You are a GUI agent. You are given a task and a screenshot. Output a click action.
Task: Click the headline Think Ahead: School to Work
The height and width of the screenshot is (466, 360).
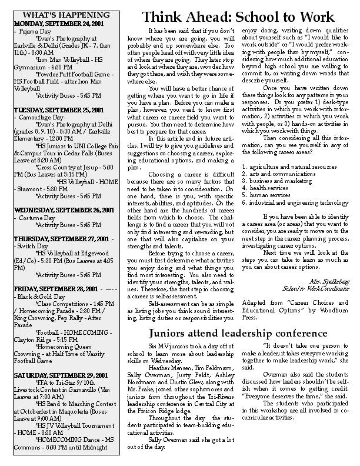pos(247,16)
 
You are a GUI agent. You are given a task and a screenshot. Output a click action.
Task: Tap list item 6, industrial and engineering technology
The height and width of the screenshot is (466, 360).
pos(295,202)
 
